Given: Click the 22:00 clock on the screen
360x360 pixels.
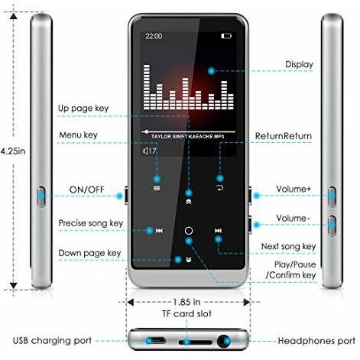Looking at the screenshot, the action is [154, 36].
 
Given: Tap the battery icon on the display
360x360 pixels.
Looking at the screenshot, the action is [226, 36].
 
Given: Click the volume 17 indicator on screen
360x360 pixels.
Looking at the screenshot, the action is [149, 151].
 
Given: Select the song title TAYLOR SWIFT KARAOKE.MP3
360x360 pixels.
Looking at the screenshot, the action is [188, 137].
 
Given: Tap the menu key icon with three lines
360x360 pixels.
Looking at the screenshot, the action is [157, 188].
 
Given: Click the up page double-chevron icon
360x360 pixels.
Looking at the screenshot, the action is [189, 202].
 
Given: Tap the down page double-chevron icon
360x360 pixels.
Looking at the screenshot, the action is [189, 260].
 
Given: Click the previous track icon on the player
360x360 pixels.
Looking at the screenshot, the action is [159, 231].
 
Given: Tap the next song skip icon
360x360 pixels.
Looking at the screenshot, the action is [218, 231].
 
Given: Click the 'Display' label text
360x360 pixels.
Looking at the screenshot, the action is [299, 64].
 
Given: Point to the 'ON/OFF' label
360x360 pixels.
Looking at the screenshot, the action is [86, 190].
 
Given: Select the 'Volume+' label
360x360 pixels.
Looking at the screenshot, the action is [294, 189].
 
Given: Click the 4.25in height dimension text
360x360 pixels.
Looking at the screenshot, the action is [13, 151].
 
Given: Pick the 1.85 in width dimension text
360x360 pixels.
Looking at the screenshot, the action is [186, 302].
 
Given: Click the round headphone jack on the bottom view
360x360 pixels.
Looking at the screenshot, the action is [224, 341].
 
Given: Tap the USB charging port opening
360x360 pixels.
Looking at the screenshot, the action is [155, 341].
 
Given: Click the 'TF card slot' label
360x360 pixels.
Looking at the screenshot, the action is [186, 313].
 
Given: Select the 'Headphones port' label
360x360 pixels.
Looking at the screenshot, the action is [316, 341].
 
